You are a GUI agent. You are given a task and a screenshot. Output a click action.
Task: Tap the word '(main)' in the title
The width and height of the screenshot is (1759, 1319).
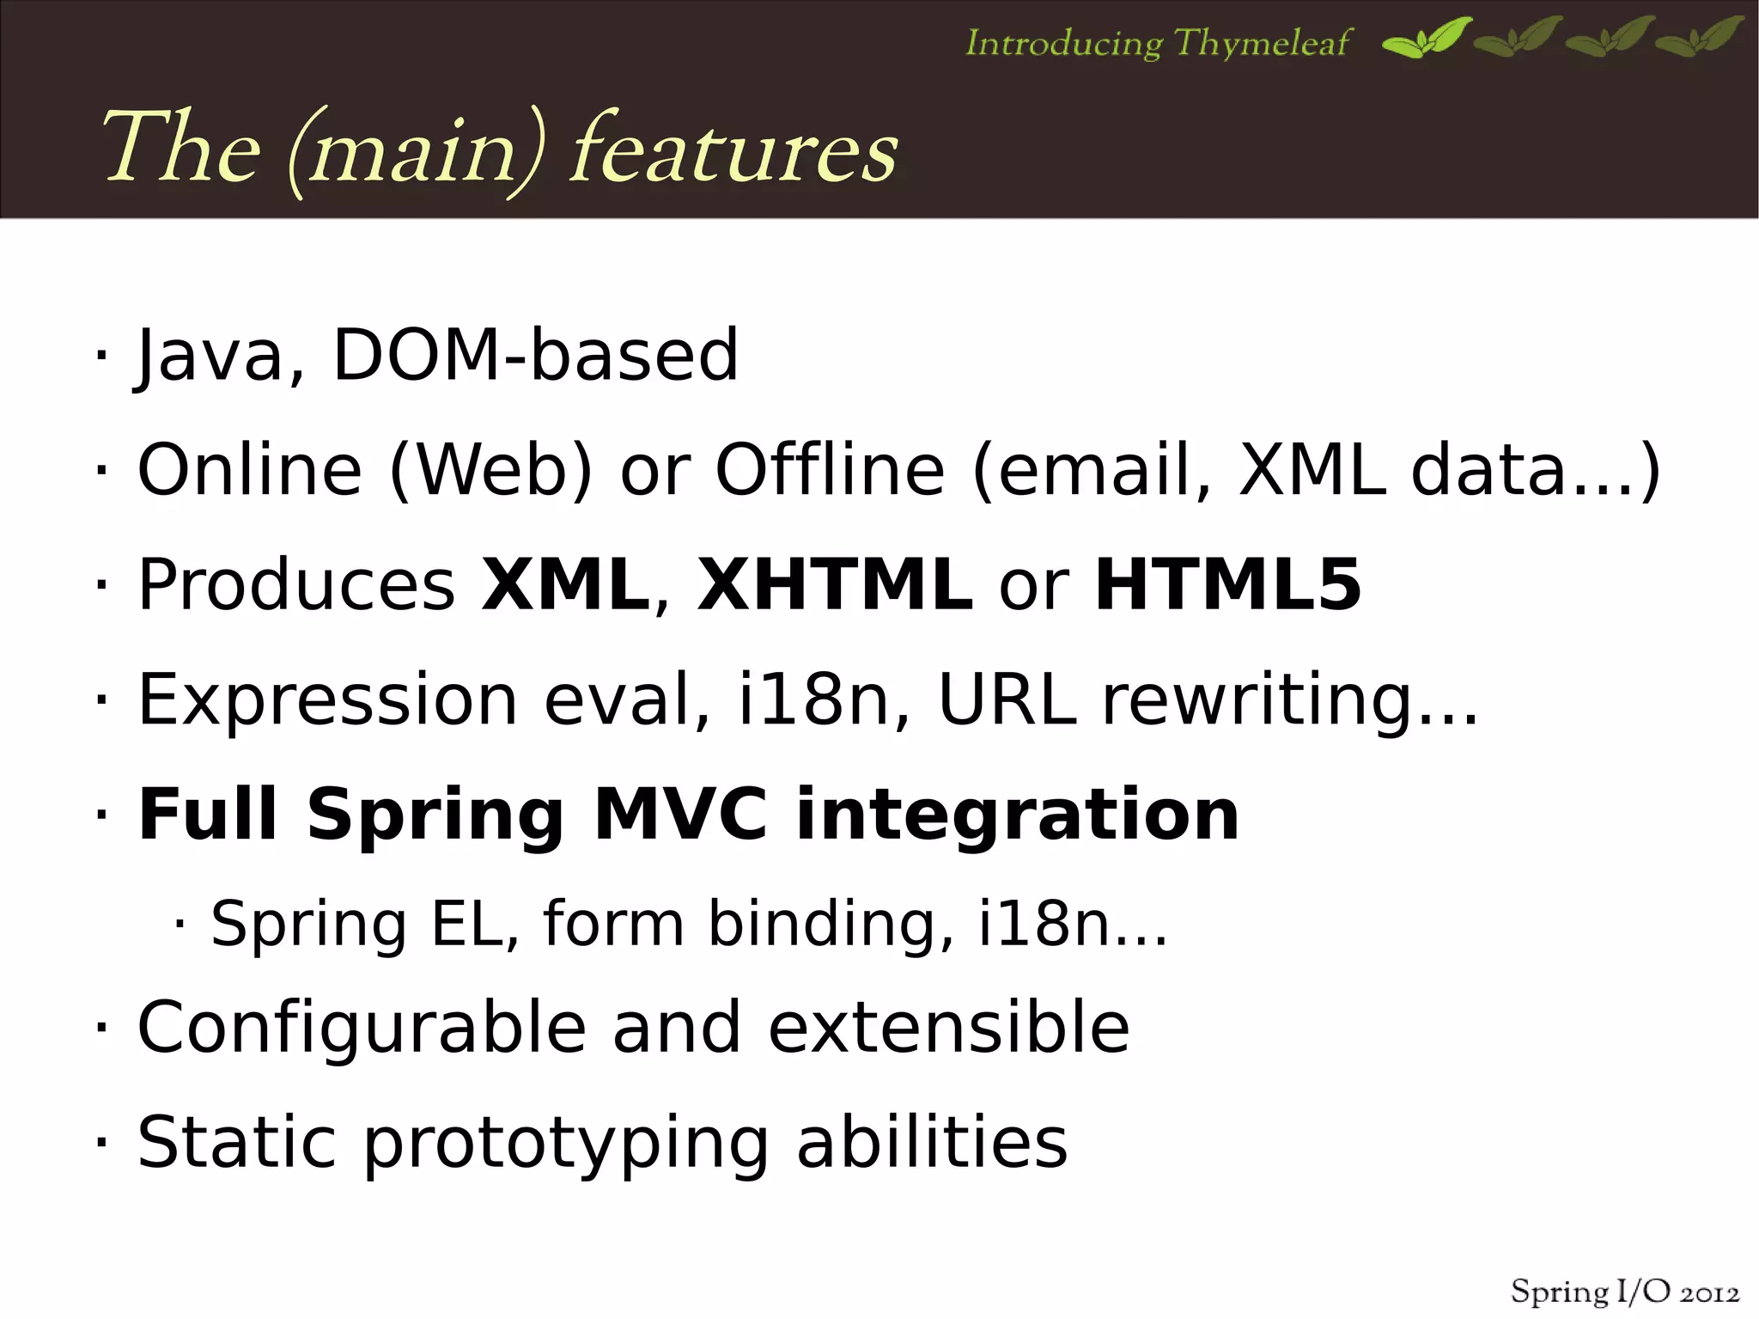(415, 152)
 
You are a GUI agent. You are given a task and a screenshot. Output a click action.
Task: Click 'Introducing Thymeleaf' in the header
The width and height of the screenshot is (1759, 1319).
(1157, 42)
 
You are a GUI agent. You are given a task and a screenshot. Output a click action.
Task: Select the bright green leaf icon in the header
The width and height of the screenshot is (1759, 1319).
(1426, 38)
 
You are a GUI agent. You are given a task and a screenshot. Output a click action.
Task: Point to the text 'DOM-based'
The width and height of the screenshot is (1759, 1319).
(534, 355)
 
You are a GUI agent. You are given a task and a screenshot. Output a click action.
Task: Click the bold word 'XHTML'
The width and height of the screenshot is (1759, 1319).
(834, 584)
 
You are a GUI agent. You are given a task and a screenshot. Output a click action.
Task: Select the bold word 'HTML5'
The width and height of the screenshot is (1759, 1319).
(1227, 584)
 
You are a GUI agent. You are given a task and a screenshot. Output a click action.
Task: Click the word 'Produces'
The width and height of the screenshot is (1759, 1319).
(296, 584)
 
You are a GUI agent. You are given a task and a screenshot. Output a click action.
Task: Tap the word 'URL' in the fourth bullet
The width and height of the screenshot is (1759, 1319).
(1007, 699)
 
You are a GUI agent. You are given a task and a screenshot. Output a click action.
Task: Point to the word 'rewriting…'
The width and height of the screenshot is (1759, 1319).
(1289, 699)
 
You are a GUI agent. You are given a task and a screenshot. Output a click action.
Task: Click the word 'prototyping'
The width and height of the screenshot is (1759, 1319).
(566, 1143)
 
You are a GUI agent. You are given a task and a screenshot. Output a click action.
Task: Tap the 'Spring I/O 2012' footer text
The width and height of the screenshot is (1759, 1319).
(1624, 1292)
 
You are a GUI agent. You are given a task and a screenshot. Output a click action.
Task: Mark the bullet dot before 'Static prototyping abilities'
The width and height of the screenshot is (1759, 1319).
(101, 1143)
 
